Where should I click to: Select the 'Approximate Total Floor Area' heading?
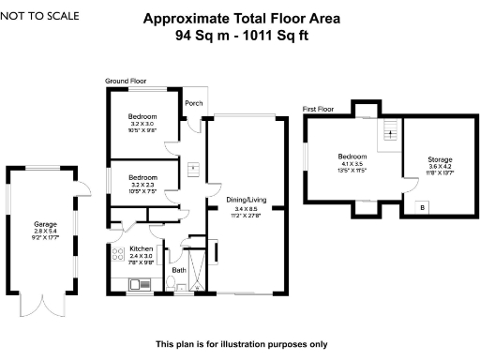coord(241,18)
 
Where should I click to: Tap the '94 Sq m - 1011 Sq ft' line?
coord(241,36)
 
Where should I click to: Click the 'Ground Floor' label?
coord(125,82)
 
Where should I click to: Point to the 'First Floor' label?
coord(319,109)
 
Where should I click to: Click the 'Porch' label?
coord(193,103)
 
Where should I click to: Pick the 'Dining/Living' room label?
coord(246,199)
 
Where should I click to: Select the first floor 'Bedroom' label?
coord(352,157)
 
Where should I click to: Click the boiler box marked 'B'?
coord(423,207)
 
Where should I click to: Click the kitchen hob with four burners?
coord(119,255)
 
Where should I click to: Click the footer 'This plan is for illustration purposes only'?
coord(241,343)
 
